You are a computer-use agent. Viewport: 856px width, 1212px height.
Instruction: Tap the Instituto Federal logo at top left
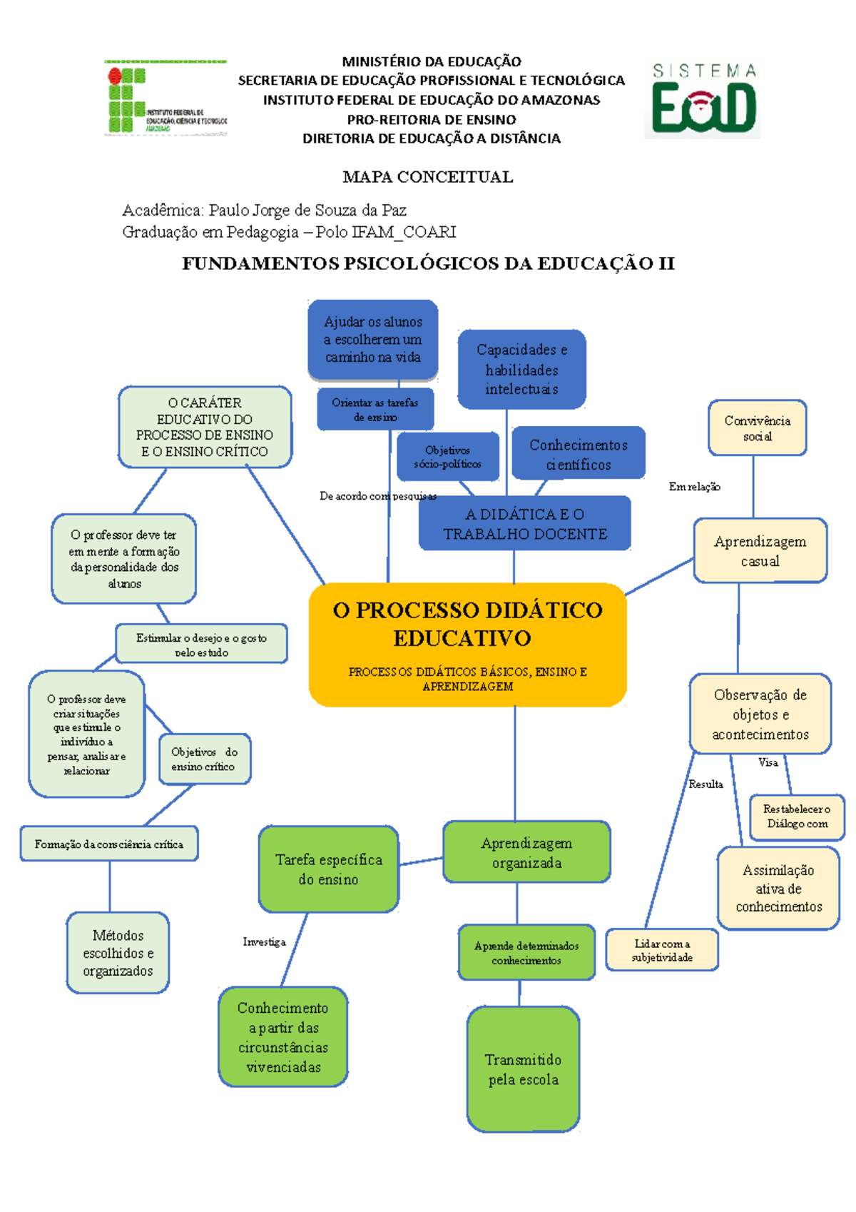click(165, 98)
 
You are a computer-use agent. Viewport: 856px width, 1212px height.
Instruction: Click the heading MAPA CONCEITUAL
click(428, 177)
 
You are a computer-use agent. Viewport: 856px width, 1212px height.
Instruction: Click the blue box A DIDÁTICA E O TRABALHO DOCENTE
click(525, 524)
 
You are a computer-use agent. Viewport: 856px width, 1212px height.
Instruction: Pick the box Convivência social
click(757, 428)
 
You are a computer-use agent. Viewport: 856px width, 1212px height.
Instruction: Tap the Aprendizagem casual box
click(760, 551)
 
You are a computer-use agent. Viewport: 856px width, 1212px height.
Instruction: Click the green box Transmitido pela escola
click(523, 1069)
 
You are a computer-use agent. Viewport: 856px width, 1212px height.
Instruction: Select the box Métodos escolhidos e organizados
click(118, 953)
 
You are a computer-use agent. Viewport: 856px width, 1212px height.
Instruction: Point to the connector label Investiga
click(264, 942)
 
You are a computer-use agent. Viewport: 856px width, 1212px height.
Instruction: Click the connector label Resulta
click(705, 784)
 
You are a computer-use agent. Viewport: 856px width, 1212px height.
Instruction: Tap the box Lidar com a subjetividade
click(662, 950)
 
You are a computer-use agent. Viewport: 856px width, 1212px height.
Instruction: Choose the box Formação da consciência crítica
click(109, 844)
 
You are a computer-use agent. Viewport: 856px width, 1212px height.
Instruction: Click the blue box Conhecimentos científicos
click(579, 454)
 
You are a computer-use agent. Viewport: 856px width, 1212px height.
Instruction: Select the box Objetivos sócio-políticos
click(448, 457)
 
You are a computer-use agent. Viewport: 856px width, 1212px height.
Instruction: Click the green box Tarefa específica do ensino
click(328, 869)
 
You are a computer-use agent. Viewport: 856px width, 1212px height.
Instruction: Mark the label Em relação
click(694, 487)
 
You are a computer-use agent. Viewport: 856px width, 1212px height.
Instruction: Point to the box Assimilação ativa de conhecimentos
click(778, 889)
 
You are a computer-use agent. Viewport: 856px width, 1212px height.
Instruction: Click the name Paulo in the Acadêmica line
click(227, 211)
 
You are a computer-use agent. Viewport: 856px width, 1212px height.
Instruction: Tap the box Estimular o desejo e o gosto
click(201, 644)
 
